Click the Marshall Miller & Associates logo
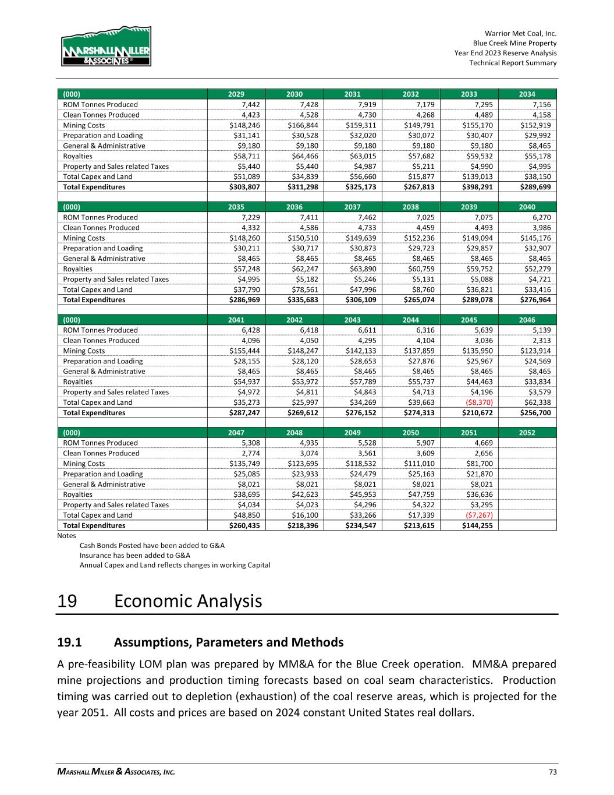click(106, 46)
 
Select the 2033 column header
click(469, 94)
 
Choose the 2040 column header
click(527, 207)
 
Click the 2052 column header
click(527, 433)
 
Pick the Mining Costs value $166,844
click(301, 125)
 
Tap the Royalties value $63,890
click(360, 269)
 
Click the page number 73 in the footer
click(552, 772)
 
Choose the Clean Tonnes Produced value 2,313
click(541, 341)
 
